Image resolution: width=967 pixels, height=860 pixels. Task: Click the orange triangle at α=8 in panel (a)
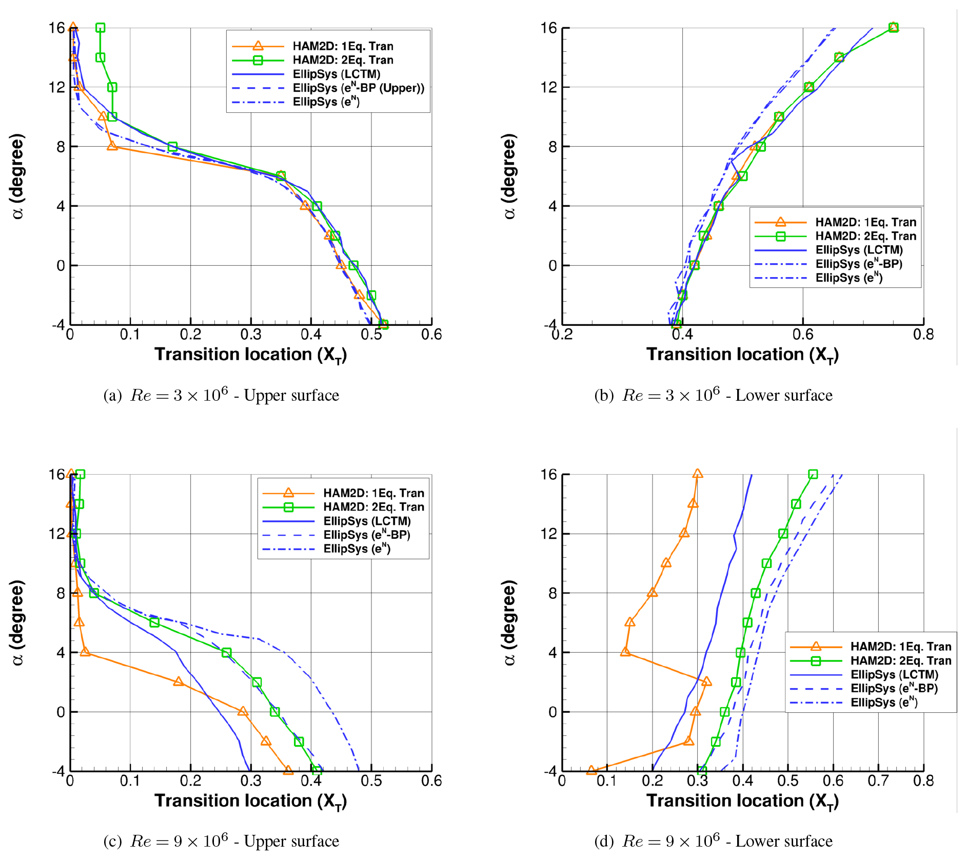coord(112,146)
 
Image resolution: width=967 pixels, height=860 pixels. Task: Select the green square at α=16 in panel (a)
coord(100,28)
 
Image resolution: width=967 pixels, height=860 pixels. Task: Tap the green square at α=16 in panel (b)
coord(893,28)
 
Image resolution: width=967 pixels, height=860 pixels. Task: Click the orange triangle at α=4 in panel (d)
coord(625,652)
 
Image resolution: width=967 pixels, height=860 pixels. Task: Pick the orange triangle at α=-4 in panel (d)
coord(591,770)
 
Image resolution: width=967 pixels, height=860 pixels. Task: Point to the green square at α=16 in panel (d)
coord(813,474)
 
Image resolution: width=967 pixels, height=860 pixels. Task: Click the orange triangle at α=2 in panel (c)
coord(178,681)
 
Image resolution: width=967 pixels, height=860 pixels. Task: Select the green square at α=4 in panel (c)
coord(226,653)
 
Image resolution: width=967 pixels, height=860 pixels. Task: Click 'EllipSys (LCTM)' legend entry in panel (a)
coord(336,74)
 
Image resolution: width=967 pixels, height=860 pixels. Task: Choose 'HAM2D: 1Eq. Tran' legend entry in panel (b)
coord(865,222)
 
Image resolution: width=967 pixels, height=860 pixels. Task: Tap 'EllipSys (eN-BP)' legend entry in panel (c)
coord(366,535)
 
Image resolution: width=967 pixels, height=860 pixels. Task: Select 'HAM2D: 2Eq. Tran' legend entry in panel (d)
coord(900,661)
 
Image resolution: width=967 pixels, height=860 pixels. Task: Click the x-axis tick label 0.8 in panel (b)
coord(923,335)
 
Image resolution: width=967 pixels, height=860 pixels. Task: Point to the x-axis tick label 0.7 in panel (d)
coord(878,781)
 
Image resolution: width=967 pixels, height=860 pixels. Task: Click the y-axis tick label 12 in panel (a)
coord(57,87)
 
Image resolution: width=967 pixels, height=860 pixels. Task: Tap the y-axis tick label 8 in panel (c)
coord(61,593)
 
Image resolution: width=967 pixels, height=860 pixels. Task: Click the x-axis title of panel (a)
coord(250,355)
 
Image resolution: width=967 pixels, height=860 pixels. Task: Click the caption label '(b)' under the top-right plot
coord(604,396)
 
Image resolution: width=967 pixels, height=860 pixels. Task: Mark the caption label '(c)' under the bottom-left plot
coord(113,842)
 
